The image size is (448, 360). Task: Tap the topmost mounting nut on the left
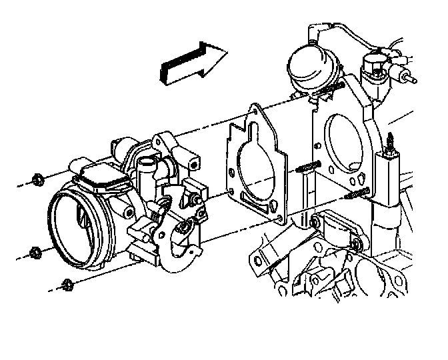[39, 179]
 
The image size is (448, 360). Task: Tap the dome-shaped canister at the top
[310, 67]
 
